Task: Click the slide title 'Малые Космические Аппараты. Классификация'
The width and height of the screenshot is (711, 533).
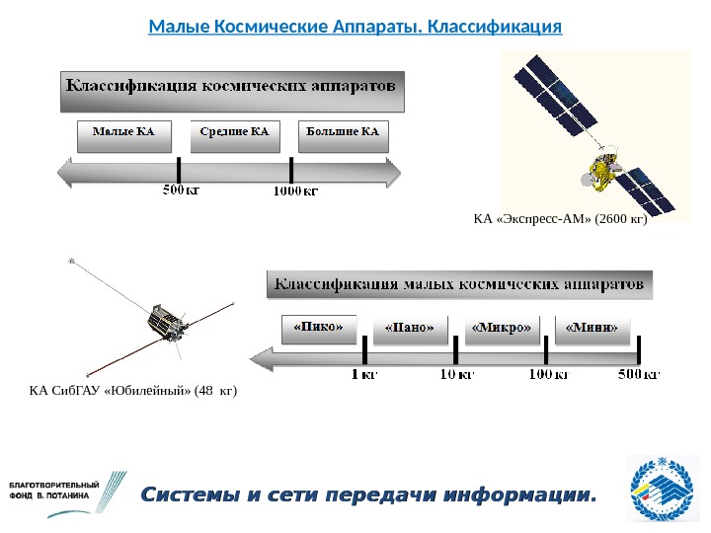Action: tap(355, 24)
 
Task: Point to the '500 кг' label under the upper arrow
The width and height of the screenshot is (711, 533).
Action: tap(181, 190)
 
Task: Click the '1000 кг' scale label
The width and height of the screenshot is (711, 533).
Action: tap(295, 190)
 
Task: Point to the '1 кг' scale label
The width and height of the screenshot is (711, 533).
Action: tap(364, 375)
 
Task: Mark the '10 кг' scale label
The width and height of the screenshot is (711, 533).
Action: tap(456, 375)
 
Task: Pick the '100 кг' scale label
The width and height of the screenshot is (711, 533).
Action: tap(548, 375)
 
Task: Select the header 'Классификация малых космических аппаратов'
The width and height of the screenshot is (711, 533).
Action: tap(460, 285)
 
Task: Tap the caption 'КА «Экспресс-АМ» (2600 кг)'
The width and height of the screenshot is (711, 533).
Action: tap(560, 219)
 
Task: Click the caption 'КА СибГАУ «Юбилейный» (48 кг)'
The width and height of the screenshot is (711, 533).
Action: tap(134, 391)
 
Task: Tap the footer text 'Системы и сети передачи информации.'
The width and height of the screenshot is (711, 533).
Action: tap(370, 494)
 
